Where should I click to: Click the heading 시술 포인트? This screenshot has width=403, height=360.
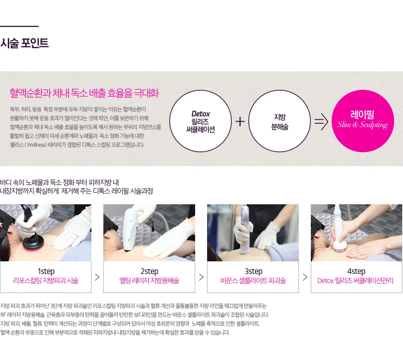click(x=24, y=43)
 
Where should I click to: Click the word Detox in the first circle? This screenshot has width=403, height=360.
click(x=201, y=114)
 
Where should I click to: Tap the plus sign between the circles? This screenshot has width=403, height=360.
click(x=240, y=121)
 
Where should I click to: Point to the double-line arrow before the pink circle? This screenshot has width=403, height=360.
click(x=321, y=121)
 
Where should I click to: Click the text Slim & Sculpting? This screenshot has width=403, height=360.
click(x=363, y=125)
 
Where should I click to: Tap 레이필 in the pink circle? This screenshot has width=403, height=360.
click(x=363, y=114)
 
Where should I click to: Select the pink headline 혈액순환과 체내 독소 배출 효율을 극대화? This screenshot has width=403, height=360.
click(x=84, y=93)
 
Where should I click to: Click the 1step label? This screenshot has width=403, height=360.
click(x=46, y=271)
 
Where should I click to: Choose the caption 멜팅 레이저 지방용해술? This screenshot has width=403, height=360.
click(x=149, y=281)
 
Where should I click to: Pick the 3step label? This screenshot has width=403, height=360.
click(x=253, y=271)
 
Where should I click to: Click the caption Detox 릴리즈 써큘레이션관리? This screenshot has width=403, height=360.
click(x=356, y=281)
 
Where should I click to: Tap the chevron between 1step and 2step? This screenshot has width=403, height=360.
click(x=97, y=277)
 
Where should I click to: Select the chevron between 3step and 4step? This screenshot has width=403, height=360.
click(x=305, y=277)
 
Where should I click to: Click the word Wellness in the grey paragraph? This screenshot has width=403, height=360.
click(x=36, y=145)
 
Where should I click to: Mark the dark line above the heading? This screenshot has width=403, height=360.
click(x=19, y=26)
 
